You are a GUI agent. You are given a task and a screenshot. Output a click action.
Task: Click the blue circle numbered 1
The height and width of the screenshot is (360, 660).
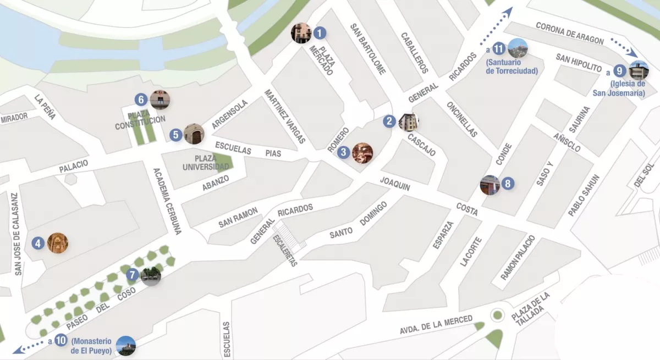tap(320, 33)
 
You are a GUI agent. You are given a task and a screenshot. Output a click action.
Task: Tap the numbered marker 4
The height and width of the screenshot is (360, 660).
tap(38, 243)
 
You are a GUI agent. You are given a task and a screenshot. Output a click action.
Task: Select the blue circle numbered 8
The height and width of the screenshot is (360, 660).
tap(508, 184)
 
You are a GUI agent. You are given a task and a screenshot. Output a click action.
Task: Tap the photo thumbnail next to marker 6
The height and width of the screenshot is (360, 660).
tap(159, 99)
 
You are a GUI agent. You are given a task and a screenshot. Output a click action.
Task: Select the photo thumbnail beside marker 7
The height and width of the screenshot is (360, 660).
tap(151, 276)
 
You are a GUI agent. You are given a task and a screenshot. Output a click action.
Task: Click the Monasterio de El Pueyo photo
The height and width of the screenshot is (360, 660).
tap(126, 345)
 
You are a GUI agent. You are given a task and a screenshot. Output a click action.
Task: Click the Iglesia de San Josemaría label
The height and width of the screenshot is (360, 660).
tap(619, 88)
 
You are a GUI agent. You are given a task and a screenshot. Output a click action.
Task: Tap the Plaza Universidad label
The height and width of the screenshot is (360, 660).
tap(206, 162)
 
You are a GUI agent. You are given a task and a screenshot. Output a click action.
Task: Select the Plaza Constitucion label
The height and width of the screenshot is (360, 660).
tap(140, 120)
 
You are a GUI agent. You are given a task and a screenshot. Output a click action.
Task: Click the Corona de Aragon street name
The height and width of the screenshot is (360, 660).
tap(570, 34)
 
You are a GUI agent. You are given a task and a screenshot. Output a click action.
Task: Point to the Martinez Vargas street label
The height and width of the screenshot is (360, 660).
tap(285, 117)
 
